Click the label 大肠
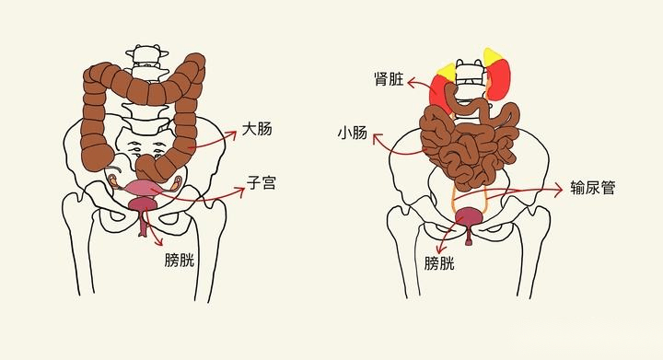257,129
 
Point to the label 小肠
352,134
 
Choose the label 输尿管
592,188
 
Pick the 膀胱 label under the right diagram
439,264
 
